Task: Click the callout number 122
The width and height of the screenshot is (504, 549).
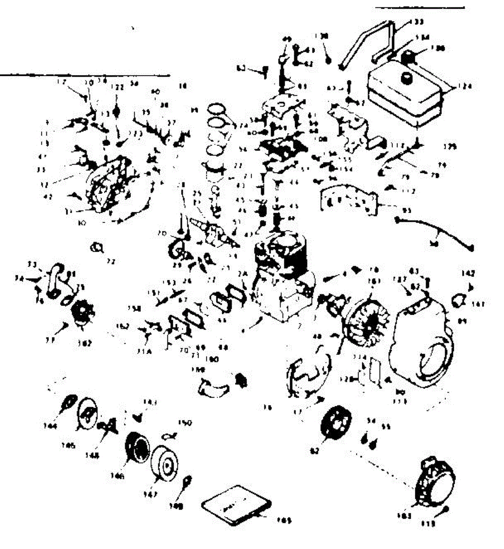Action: (118, 87)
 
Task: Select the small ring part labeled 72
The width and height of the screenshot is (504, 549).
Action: (97, 247)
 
